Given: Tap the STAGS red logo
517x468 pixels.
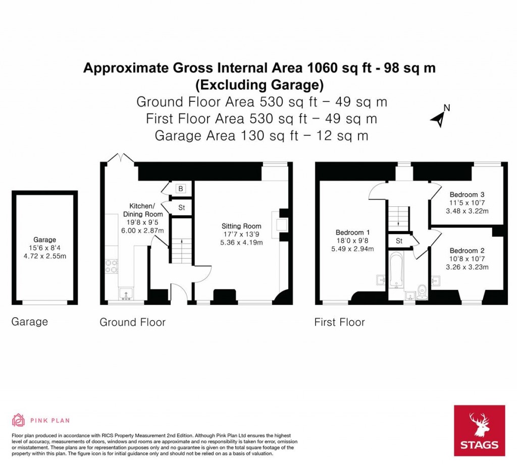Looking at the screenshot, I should [479, 430].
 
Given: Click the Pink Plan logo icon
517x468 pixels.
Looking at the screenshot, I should [18, 420].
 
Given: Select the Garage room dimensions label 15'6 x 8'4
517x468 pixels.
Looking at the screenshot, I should [44, 248].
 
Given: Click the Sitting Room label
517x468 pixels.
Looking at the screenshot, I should [241, 226].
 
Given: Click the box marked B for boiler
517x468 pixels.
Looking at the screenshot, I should [180, 189].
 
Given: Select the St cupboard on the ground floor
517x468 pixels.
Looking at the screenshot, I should [181, 208].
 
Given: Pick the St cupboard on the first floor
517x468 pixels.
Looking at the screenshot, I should [399, 241].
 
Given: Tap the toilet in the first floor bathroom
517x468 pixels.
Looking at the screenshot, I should [423, 290].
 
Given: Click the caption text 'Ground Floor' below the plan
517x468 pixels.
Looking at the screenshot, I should [132, 322].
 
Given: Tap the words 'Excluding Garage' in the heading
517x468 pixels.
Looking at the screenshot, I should [259, 84].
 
